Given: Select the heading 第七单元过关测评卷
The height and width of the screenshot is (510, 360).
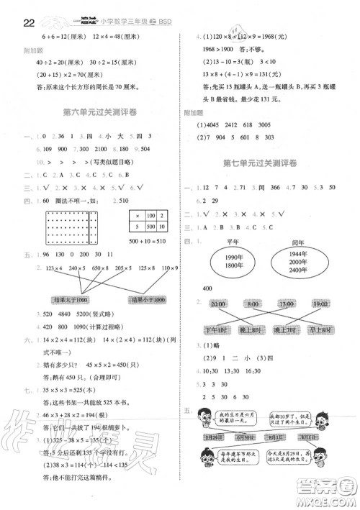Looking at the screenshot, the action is tap(266, 163).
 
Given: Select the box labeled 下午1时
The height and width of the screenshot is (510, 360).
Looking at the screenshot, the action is tap(217, 332).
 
